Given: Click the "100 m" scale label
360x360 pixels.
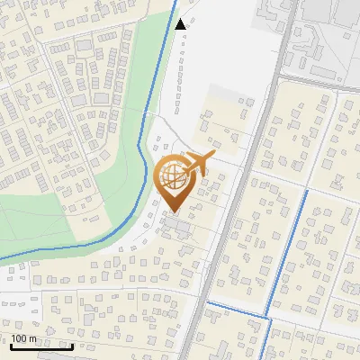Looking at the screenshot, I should coord(23,338).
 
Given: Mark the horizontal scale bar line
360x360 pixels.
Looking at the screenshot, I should coord(40,346).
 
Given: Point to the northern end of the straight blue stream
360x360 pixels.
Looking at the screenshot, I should coord(308,192).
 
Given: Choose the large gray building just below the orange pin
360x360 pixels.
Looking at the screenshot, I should coord(176,226).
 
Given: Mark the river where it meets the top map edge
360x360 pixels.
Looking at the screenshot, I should coord(175,2).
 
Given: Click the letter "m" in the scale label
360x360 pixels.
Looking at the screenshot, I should coord(34,338).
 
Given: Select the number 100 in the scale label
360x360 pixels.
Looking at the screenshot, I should coord(19,338).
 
